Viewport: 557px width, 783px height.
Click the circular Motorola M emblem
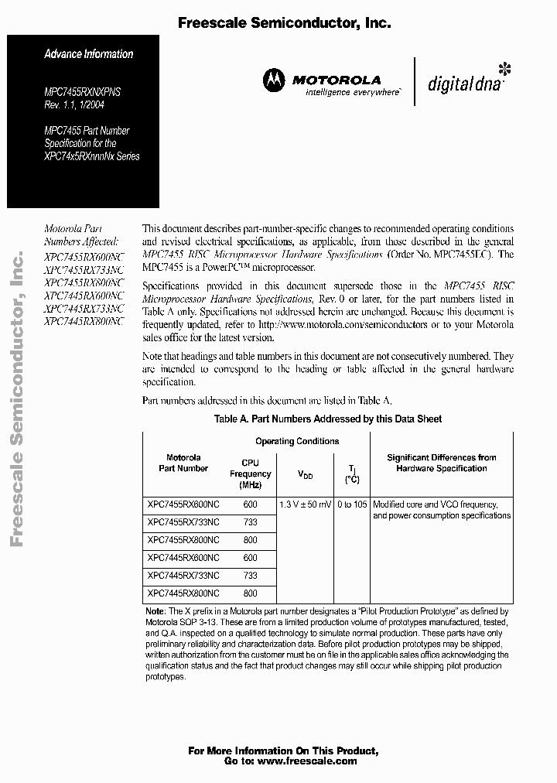(x=274, y=80)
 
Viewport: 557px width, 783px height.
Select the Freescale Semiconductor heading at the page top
(x=284, y=24)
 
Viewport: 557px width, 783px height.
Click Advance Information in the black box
(x=88, y=54)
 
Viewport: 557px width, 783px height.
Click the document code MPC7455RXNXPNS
(x=82, y=92)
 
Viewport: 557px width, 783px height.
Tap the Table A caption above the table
(x=327, y=419)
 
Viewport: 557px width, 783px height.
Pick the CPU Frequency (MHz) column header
(x=250, y=474)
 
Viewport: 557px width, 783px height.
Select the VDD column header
(x=306, y=474)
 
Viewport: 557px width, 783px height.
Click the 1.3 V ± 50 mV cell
(x=306, y=504)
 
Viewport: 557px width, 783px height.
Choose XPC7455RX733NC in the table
(x=183, y=522)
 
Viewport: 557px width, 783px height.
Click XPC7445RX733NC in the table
(x=183, y=576)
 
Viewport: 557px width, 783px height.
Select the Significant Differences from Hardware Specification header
(x=441, y=463)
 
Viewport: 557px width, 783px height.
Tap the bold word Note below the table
(x=155, y=611)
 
